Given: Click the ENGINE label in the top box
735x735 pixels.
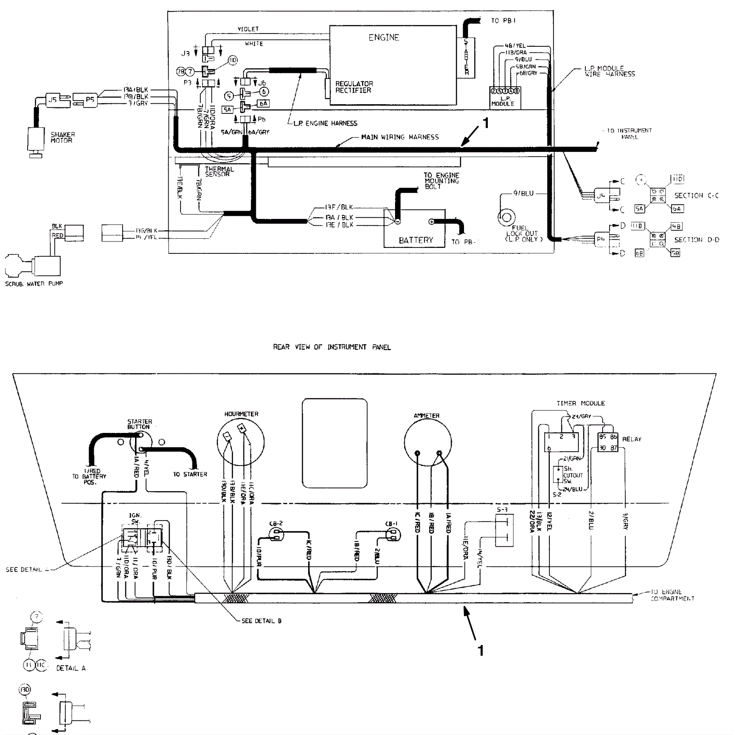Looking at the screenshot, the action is pyautogui.click(x=384, y=38).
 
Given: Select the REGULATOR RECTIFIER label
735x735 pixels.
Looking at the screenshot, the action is pyautogui.click(x=354, y=87).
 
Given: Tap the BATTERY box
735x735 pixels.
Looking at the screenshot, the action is pyautogui.click(x=415, y=229).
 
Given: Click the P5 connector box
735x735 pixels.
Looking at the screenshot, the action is pyautogui.click(x=90, y=100).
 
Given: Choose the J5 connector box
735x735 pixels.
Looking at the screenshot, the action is pyautogui.click(x=53, y=99).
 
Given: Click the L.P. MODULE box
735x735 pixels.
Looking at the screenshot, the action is pyautogui.click(x=505, y=97).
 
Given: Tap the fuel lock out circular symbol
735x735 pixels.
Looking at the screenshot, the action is pyautogui.click(x=507, y=217).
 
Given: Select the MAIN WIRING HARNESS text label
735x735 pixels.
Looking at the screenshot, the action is pyautogui.click(x=400, y=137).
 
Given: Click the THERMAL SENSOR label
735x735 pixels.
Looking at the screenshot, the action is pyautogui.click(x=219, y=172).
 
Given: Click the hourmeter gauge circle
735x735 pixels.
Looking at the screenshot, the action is pyautogui.click(x=241, y=441).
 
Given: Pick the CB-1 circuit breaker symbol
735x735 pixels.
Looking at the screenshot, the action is pyautogui.click(x=392, y=533).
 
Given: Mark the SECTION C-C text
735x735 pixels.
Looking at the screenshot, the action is pyautogui.click(x=696, y=196).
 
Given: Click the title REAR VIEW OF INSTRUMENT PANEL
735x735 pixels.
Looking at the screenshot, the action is pyautogui.click(x=332, y=347).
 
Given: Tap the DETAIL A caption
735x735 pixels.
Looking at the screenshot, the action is pyautogui.click(x=71, y=668).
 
